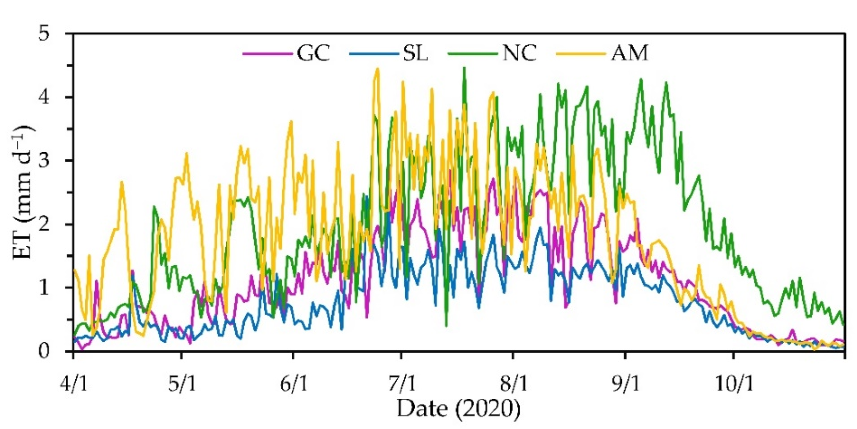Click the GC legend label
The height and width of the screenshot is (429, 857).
click(x=313, y=53)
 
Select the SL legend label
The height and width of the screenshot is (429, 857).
click(x=415, y=53)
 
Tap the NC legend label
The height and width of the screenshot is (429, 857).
click(x=519, y=53)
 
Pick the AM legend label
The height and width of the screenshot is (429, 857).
click(x=630, y=53)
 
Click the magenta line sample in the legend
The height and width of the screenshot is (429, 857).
click(x=265, y=53)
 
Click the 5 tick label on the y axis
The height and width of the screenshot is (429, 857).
click(x=46, y=34)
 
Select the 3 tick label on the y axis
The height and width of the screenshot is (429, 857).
click(x=46, y=161)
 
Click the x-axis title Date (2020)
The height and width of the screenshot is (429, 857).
click(x=458, y=408)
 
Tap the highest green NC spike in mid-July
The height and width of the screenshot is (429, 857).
click(x=465, y=68)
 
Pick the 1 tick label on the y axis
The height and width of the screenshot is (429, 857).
click(x=46, y=288)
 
